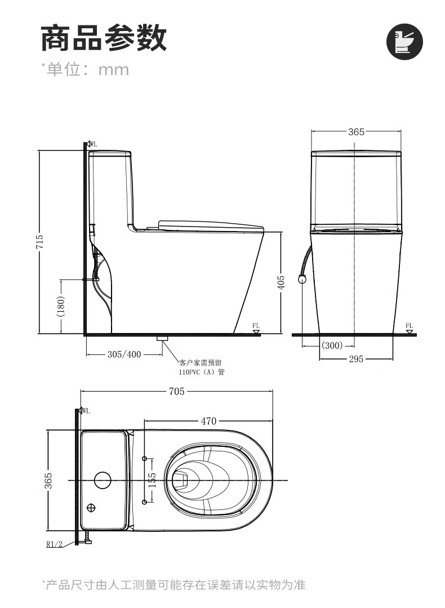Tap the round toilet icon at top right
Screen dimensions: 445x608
404,42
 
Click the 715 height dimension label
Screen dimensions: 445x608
40,242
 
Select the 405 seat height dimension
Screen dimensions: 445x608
282,282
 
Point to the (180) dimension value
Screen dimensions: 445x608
61,307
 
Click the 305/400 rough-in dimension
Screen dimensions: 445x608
124,354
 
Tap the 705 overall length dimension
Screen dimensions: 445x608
176,391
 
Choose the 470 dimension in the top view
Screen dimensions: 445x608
208,421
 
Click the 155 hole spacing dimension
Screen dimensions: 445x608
152,480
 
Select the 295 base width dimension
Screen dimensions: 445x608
356,359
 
